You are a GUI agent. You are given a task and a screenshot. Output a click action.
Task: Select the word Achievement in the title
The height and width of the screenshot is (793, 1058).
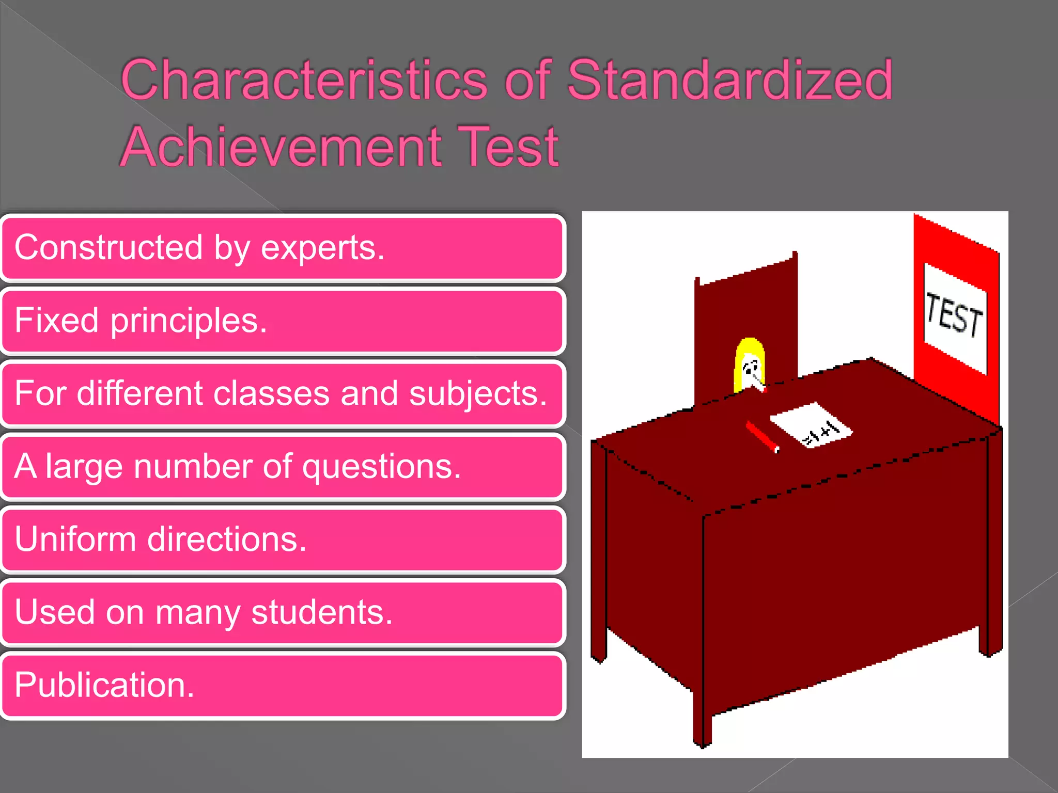[282, 147]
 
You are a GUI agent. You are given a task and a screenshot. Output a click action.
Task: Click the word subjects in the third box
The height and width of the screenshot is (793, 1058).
[477, 394]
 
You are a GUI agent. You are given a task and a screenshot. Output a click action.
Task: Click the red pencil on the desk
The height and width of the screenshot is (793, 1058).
[762, 437]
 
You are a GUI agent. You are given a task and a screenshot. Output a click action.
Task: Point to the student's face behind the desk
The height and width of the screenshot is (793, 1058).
[751, 369]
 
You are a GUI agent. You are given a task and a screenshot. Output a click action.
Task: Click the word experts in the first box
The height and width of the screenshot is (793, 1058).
[322, 248]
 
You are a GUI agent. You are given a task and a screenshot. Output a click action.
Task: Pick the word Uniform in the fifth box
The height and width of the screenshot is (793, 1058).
[75, 540]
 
